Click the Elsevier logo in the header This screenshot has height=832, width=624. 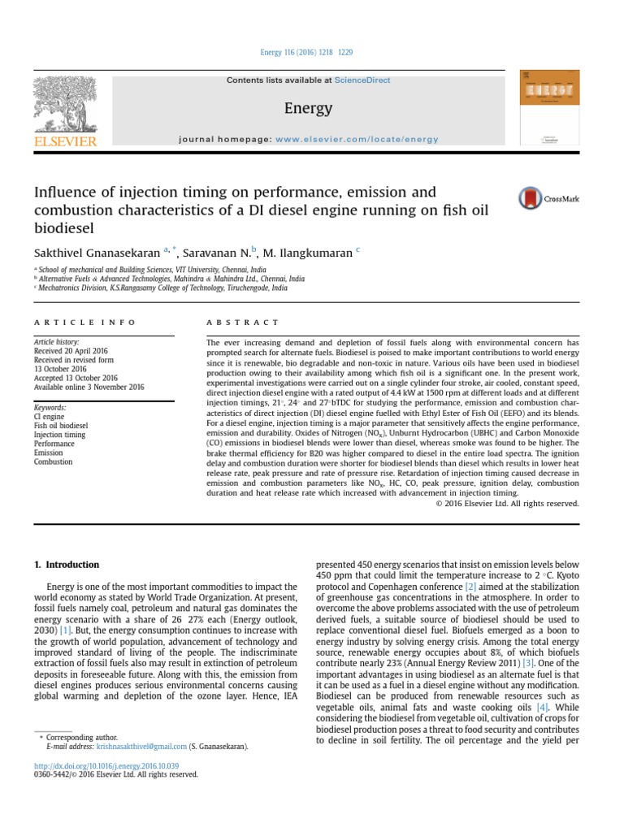(64, 114)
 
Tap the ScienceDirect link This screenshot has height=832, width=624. (362, 80)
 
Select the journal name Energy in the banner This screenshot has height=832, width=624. (308, 108)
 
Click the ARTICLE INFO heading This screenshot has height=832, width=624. (85, 323)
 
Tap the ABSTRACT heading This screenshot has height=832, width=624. (243, 323)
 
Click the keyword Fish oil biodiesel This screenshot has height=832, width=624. (61, 425)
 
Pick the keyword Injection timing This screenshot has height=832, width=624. (59, 435)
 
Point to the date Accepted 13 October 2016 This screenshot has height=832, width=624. (76, 378)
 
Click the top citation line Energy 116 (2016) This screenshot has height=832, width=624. (306, 53)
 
